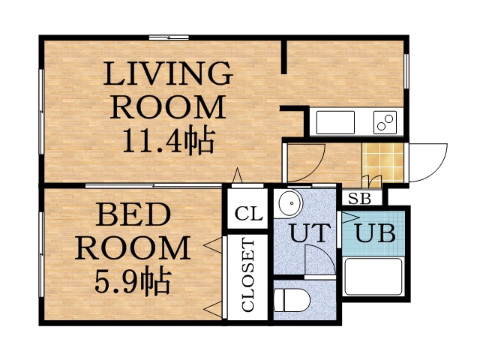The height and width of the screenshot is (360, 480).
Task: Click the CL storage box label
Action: tap(248, 214)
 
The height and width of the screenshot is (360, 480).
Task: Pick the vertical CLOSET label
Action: tap(248, 274)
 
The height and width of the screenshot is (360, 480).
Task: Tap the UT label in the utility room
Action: tap(309, 233)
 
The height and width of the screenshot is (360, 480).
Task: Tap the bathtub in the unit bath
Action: tap(373, 277)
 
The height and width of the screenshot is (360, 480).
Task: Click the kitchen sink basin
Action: tap(335, 121)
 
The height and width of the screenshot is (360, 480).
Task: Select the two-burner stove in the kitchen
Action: tap(385, 121)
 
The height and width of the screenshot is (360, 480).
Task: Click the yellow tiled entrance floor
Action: tap(382, 158)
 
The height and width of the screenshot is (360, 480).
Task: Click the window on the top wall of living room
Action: tap(169, 37)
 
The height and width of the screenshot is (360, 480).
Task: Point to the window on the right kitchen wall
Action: tap(406, 76)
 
